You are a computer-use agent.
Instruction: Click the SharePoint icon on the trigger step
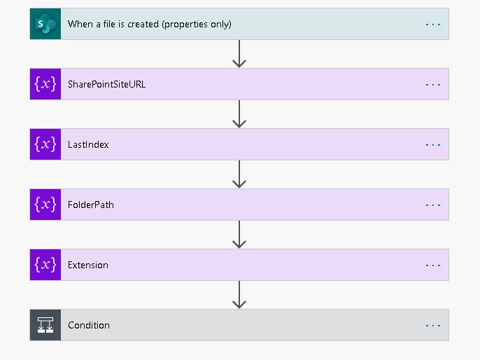[45, 24]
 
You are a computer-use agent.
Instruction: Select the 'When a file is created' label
[149, 24]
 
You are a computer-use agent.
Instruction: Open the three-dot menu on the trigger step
[433, 24]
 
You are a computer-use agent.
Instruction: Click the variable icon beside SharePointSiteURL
[45, 84]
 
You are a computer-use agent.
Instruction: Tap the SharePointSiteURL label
[106, 84]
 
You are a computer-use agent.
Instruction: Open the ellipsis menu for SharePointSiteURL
[433, 84]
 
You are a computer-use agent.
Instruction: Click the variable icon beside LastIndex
[45, 144]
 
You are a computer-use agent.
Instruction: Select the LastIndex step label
[88, 144]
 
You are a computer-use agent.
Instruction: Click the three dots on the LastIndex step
[433, 144]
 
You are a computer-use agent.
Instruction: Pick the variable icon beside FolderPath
[45, 205]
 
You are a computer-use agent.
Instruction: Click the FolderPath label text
[90, 205]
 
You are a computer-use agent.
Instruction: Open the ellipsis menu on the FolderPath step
[433, 205]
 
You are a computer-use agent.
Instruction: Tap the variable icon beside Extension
[45, 265]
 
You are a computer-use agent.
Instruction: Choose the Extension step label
[88, 265]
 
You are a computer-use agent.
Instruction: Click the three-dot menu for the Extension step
[433, 265]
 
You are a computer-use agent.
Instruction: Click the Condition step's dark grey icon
[45, 325]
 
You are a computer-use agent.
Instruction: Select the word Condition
[89, 325]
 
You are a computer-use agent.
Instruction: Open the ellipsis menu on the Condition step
[433, 325]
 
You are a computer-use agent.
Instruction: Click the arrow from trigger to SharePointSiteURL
[239, 54]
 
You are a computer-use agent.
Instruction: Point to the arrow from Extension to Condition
[239, 295]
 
